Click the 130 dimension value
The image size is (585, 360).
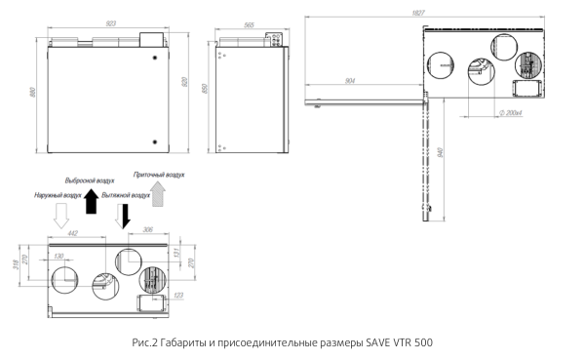(58, 256)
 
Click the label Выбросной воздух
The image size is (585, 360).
(90, 180)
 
